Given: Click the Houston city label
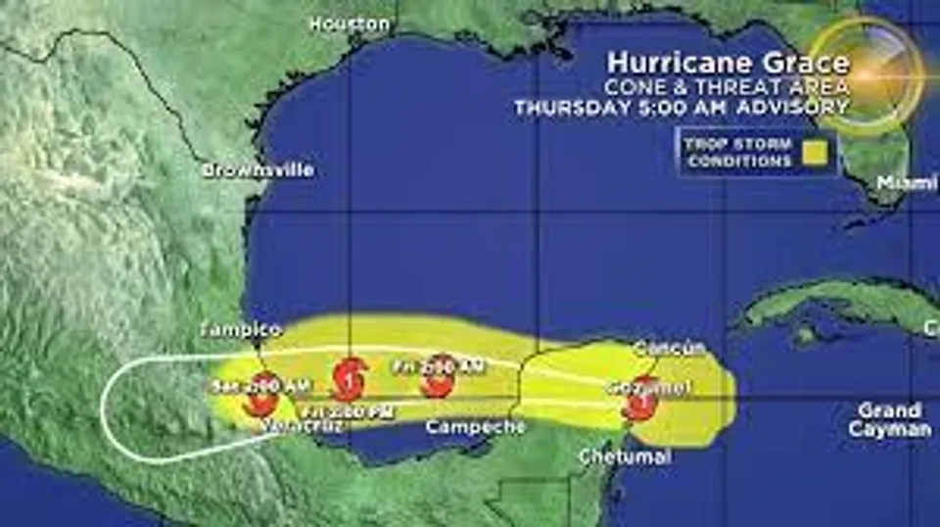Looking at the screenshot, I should pos(350,24).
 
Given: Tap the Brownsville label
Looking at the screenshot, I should pos(258,169).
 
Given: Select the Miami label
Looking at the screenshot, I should pos(907,182).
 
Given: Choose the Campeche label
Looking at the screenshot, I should pos(475,426).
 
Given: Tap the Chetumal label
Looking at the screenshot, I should pos(625,456).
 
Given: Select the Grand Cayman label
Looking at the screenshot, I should pos(889,419).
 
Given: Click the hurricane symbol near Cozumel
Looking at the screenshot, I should pos(641,399).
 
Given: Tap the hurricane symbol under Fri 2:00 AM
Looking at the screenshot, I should pos(438,376).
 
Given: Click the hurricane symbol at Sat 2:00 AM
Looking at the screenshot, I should pos(261,394).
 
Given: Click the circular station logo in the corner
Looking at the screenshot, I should pos(867,73).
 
